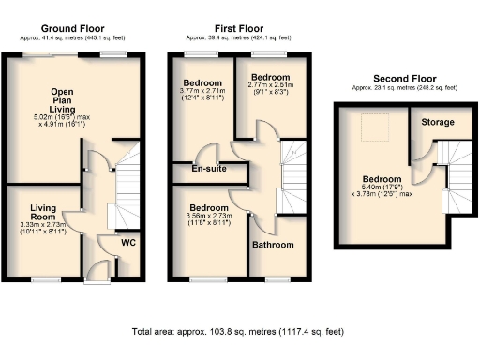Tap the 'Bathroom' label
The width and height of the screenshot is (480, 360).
pyautogui.click(x=272, y=245)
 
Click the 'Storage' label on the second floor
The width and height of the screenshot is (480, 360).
pyautogui.click(x=438, y=122)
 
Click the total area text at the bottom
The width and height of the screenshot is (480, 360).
pyautogui.click(x=239, y=332)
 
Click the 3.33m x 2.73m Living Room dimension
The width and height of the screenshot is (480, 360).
pyautogui.click(x=44, y=229)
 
